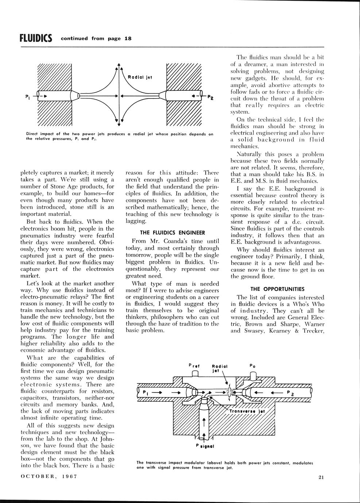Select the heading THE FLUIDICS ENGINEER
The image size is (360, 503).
click(x=172, y=233)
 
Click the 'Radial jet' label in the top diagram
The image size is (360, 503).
click(x=140, y=77)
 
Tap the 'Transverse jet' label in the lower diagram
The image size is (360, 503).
click(x=247, y=411)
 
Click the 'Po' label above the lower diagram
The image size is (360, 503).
click(x=252, y=365)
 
